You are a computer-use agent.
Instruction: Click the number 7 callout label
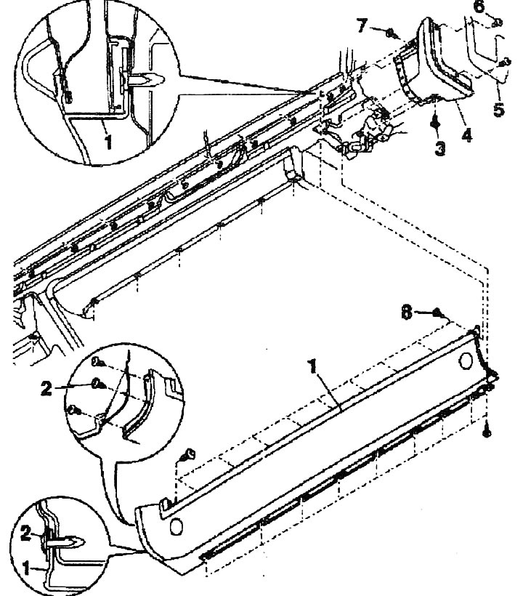pos(362,26)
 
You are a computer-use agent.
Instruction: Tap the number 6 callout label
pos(479,6)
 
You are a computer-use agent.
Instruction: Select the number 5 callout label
pos(499,109)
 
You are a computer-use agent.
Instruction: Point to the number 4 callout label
pos(466,134)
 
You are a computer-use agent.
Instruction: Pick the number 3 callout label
pos(439,148)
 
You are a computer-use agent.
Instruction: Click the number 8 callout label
pos(406,313)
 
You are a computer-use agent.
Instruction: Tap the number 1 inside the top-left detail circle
pos(108,142)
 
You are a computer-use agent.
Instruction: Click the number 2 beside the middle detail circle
pos(46,388)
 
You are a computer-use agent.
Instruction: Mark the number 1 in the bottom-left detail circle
pos(26,568)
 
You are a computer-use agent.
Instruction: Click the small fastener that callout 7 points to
pos(390,33)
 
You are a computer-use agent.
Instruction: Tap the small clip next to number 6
pos(497,23)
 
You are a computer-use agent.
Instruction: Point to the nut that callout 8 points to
pos(437,313)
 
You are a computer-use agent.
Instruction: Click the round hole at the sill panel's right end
pos(466,361)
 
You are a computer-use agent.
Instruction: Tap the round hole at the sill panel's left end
pos(176,526)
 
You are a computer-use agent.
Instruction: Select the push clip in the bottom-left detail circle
pos(65,541)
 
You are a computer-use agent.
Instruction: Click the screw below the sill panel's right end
pos(487,432)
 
